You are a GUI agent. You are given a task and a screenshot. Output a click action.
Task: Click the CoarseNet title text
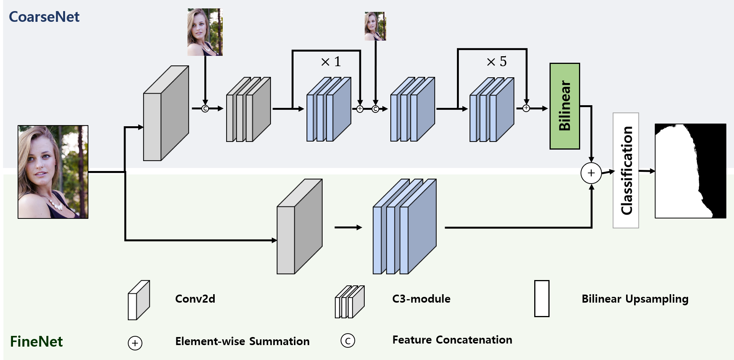point(44,17)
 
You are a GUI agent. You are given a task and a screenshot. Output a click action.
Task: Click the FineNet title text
point(36,341)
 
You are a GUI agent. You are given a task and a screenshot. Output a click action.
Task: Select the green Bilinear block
point(564,106)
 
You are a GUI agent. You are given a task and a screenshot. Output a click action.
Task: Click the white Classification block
point(626,170)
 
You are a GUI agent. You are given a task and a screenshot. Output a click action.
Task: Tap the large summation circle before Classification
point(591,173)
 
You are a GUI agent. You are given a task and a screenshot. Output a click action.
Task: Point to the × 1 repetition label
point(331,62)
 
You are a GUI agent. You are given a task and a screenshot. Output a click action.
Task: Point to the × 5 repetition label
point(496,61)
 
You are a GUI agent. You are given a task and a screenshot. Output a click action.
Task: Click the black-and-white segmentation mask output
point(690,171)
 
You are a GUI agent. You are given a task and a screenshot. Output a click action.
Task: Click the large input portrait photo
point(53,172)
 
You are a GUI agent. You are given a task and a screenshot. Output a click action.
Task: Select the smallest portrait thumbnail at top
point(375,26)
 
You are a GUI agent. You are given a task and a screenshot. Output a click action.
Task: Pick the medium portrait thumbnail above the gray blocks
point(205,32)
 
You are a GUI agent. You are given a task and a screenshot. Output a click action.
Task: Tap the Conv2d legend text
point(195,299)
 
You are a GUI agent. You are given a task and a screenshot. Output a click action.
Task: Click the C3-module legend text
point(421,299)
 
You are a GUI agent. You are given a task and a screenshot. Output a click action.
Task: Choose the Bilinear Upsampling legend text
point(635,299)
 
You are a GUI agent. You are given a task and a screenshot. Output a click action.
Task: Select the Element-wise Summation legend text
point(242,341)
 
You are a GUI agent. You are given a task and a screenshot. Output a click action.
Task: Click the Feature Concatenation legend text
point(452,340)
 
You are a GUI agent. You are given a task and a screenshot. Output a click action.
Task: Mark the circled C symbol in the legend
point(347,340)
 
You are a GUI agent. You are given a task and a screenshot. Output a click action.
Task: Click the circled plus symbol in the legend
point(135,343)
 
